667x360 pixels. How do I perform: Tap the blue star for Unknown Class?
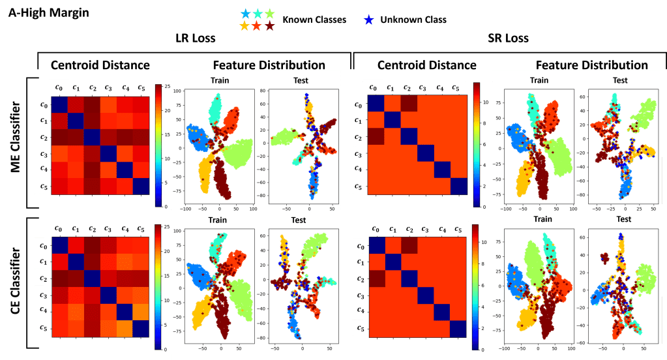click(x=370, y=20)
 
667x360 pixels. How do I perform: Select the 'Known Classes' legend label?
click(x=314, y=20)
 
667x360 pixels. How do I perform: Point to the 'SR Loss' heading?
click(x=509, y=38)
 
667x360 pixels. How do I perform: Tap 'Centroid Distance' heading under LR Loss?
click(x=100, y=65)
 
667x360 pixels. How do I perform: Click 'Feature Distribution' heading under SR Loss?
click(x=591, y=65)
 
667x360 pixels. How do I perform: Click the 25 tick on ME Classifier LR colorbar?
click(x=167, y=86)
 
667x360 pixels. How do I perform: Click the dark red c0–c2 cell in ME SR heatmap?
click(x=408, y=103)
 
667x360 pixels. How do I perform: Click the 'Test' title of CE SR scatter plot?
click(x=623, y=219)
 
